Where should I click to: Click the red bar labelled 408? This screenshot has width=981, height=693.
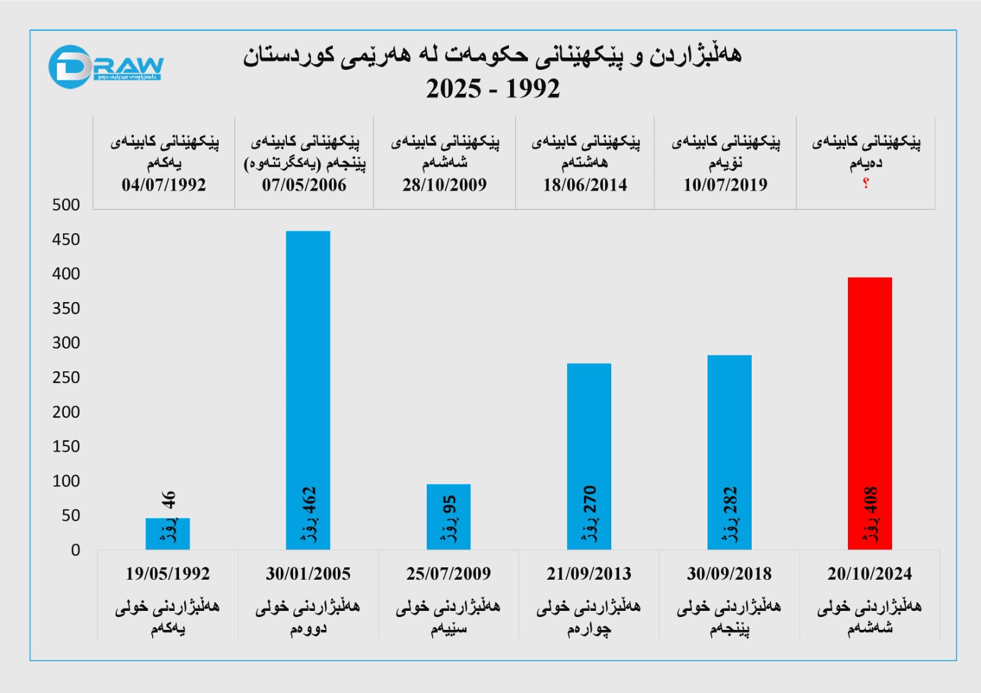coord(869,413)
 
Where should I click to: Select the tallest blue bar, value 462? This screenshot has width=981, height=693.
coord(308,390)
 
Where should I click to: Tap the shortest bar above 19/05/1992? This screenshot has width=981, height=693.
coord(167,534)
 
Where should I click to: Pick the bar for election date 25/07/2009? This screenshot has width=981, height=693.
coord(448,517)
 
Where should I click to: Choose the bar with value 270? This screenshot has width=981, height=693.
coord(589,456)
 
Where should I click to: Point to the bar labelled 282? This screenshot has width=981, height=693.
coord(729,452)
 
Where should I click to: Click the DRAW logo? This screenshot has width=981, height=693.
coord(105,67)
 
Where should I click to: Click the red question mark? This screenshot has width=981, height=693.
coord(866,183)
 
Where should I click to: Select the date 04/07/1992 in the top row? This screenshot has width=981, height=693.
coord(164,184)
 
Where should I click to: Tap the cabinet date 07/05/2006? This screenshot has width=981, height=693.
coord(304,184)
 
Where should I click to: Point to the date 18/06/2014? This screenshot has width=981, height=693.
coord(585,184)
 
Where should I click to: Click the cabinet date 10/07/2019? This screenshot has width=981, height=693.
coord(725,184)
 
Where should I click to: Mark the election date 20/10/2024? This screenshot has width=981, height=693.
coord(869,574)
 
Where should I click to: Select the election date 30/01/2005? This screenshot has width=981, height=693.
coord(308,574)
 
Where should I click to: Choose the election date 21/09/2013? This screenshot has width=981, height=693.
coord(589,574)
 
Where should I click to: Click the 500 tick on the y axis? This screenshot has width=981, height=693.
coord(66,205)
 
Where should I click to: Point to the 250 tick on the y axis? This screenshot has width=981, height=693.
coord(66,377)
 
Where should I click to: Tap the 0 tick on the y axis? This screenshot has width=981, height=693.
coord(75,550)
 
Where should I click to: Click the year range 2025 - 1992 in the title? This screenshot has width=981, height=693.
coord(493,89)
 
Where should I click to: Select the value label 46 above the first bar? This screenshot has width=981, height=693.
coord(169,499)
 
